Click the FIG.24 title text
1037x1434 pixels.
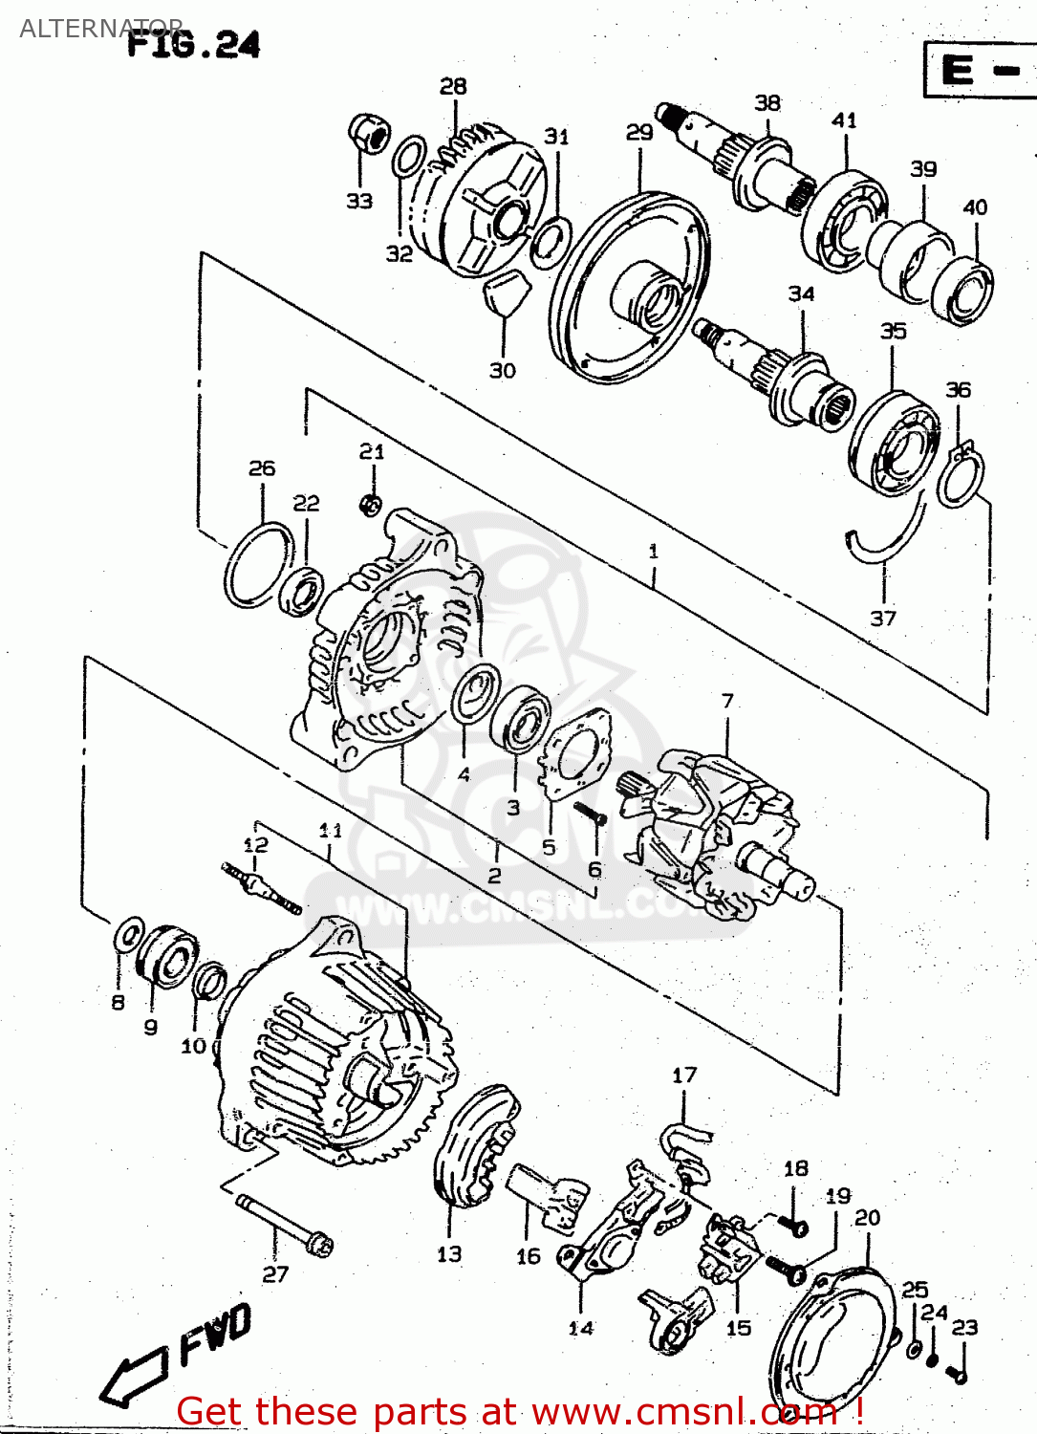(x=194, y=44)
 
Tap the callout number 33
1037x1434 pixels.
(x=359, y=201)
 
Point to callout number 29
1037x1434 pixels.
(x=639, y=133)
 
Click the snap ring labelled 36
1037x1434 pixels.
(x=959, y=475)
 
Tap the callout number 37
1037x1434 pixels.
(x=883, y=619)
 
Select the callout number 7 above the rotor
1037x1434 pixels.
(x=727, y=701)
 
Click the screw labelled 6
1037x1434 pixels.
(x=590, y=814)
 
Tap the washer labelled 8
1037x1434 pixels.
(x=128, y=935)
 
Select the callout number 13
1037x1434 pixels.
(x=449, y=1254)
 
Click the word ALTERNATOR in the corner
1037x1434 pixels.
(x=100, y=28)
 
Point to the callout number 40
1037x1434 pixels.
(x=975, y=207)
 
